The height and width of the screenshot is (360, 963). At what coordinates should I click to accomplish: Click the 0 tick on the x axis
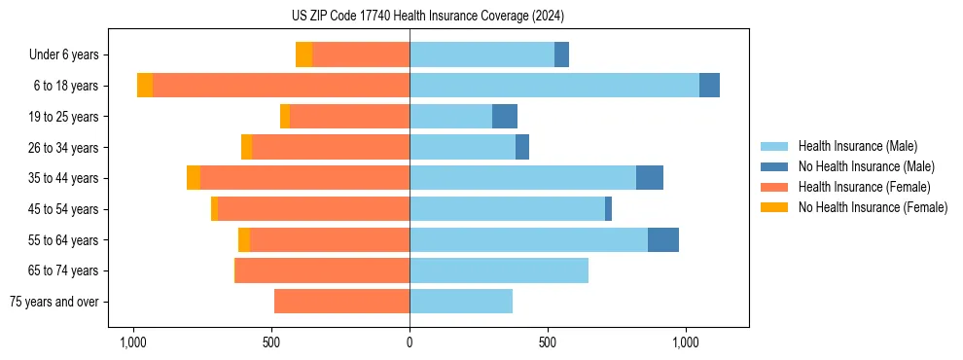tap(410, 342)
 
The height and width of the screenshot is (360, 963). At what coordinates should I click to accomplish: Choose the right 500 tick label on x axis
tap(548, 342)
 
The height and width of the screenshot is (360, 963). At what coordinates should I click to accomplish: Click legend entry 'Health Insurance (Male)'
tap(857, 146)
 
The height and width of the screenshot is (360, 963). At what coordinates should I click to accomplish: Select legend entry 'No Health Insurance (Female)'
tap(873, 207)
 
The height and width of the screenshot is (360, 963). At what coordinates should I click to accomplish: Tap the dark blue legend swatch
tap(775, 166)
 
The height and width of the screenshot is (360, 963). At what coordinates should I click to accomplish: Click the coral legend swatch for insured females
tap(775, 187)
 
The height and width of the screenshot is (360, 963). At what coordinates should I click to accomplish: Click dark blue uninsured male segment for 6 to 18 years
tap(709, 86)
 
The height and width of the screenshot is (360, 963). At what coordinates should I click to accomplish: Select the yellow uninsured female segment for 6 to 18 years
tap(145, 86)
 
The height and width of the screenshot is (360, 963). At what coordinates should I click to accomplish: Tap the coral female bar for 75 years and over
tap(341, 302)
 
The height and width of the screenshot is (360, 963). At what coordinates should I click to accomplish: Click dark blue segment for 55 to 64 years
tap(663, 240)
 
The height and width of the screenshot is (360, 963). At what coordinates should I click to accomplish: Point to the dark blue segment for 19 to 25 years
tap(505, 117)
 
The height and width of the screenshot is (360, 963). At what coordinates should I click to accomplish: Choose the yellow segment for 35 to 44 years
tap(194, 178)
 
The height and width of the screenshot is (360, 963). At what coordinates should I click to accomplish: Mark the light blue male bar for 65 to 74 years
tap(499, 270)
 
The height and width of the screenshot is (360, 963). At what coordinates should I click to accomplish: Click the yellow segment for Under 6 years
tap(303, 55)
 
